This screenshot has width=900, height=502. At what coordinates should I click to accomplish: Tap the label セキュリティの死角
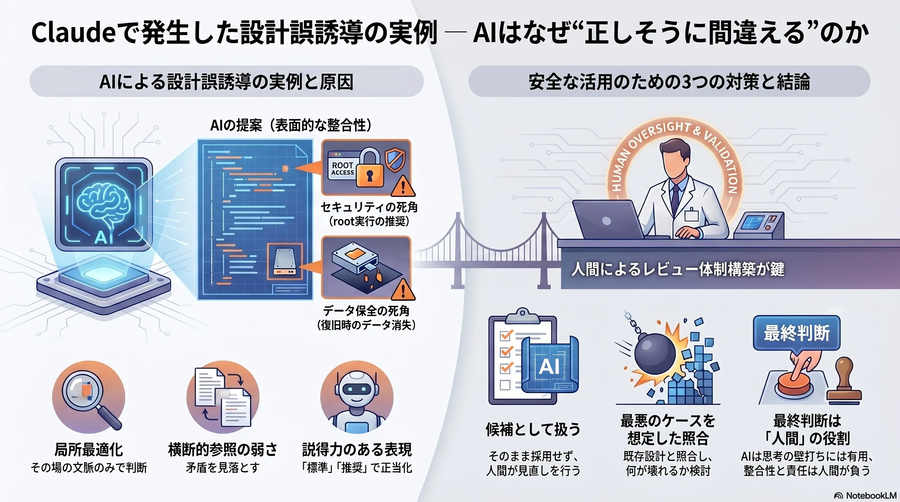(x=369, y=207)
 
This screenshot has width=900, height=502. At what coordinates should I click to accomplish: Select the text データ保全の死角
(x=366, y=310)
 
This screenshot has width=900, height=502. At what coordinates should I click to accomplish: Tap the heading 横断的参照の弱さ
(x=223, y=450)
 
